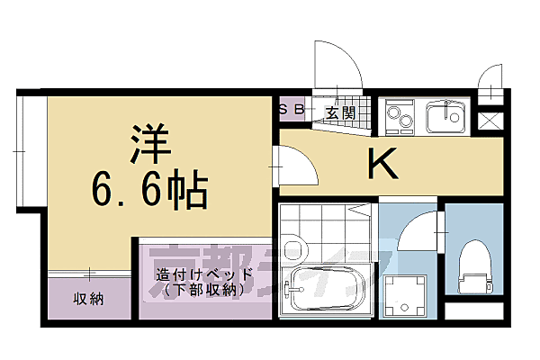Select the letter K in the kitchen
point(382,164)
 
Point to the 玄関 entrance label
point(339,112)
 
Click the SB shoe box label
point(293,111)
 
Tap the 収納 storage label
point(88,298)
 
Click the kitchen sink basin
point(442,116)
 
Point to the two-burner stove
point(399,116)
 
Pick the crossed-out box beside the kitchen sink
point(491,121)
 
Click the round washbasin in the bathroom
point(292,251)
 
